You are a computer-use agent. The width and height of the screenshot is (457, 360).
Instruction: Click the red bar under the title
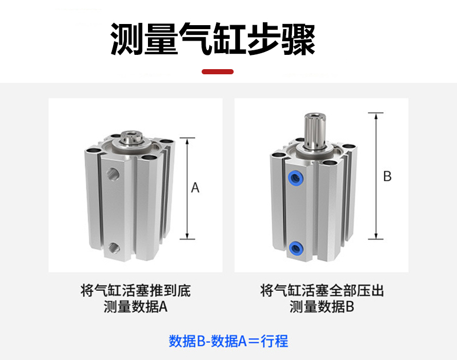218,71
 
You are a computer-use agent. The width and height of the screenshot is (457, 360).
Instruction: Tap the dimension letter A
195,188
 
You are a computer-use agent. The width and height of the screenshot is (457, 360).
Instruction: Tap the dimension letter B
387,176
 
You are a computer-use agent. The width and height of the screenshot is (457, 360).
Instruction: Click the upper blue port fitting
295,177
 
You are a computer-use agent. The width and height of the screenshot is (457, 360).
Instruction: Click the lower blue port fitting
295,249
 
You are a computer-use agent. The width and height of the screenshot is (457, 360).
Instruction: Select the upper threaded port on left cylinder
113,174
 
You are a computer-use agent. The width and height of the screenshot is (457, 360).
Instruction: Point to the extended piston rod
315,131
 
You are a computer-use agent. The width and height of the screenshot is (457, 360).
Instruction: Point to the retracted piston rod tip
131,137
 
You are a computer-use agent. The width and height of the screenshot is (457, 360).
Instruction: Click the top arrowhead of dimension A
187,141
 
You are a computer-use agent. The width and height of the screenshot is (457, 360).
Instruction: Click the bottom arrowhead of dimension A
187,236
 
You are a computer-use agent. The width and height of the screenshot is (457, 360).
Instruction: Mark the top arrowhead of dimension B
376,116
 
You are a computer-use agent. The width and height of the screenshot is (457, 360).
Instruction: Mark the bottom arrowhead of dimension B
376,236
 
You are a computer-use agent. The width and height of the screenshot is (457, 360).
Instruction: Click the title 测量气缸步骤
213,39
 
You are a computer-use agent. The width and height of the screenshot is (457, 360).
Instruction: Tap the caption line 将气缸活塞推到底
135,291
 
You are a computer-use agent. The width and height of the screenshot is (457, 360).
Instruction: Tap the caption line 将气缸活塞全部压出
322,291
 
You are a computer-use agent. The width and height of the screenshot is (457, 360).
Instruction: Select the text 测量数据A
135,307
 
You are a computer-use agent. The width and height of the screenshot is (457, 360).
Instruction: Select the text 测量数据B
322,307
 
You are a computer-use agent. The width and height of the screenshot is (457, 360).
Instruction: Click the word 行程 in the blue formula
274,341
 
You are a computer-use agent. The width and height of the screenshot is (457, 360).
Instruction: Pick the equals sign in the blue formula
254,341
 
